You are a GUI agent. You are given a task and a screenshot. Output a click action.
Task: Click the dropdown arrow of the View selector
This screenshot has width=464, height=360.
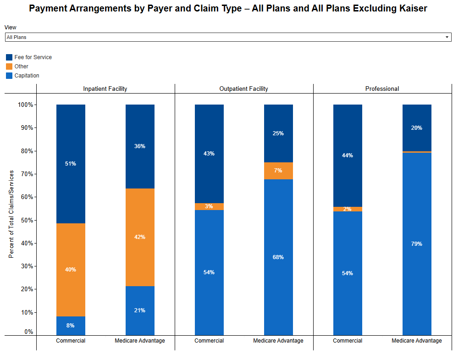pyautogui.click(x=447, y=37)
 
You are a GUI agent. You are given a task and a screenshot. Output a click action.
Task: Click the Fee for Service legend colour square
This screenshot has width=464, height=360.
pyautogui.click(x=9, y=57)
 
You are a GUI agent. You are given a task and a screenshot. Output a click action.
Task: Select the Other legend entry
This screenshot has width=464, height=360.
pyautogui.click(x=21, y=66)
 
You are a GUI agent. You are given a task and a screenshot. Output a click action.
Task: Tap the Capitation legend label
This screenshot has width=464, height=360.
pyautogui.click(x=27, y=76)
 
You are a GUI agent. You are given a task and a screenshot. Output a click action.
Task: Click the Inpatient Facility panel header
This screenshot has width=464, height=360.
pyautogui.click(x=105, y=89)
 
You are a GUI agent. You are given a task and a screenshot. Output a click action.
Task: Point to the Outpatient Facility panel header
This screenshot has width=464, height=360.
pyautogui.click(x=243, y=89)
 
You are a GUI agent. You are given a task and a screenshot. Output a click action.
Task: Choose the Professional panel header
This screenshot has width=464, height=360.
pyautogui.click(x=382, y=89)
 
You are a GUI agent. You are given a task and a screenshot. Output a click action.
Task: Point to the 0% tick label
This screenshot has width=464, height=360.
pyautogui.click(x=28, y=332)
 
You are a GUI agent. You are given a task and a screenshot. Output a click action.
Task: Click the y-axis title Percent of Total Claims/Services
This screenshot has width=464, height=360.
pyautogui.click(x=11, y=214)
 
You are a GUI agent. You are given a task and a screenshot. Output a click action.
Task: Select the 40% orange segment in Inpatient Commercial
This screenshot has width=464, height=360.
pyautogui.click(x=71, y=270)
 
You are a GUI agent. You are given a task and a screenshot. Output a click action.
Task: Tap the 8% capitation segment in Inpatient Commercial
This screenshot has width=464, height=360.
pyautogui.click(x=71, y=326)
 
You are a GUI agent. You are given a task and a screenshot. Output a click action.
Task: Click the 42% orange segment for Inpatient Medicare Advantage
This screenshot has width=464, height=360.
pyautogui.click(x=140, y=237)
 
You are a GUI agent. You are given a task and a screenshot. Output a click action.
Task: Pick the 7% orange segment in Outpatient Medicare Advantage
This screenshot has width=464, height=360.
pyautogui.click(x=278, y=171)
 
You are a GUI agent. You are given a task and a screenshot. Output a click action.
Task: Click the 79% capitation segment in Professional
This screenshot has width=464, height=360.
pyautogui.click(x=417, y=244)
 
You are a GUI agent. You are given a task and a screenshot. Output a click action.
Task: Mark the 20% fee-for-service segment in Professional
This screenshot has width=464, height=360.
pyautogui.click(x=417, y=128)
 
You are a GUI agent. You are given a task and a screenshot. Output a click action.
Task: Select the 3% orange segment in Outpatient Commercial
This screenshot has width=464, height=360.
pyautogui.click(x=209, y=206)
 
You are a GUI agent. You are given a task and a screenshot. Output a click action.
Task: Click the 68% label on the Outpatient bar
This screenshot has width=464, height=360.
pyautogui.click(x=278, y=257)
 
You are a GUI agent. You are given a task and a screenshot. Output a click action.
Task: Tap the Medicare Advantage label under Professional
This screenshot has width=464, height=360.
pyautogui.click(x=417, y=341)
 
